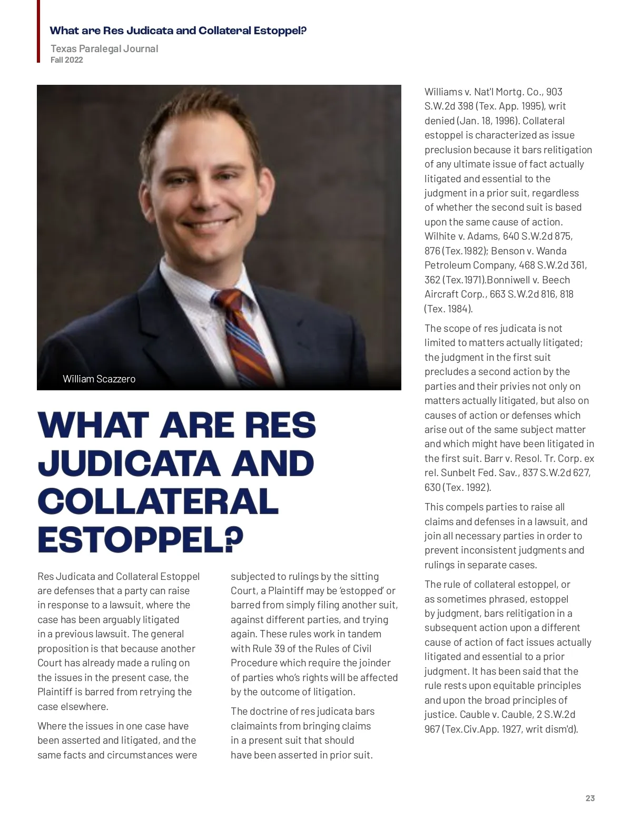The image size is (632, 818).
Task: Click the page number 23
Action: pyautogui.click(x=590, y=798)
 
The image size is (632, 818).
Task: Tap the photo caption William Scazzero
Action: pyautogui.click(x=99, y=379)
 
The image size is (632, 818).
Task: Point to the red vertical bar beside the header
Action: pyautogui.click(x=38, y=32)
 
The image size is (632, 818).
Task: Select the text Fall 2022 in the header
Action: pyautogui.click(x=67, y=60)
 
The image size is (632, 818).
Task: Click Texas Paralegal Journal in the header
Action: pyautogui.click(x=104, y=48)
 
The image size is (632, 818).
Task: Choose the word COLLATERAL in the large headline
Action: pyautogui.click(x=158, y=501)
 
